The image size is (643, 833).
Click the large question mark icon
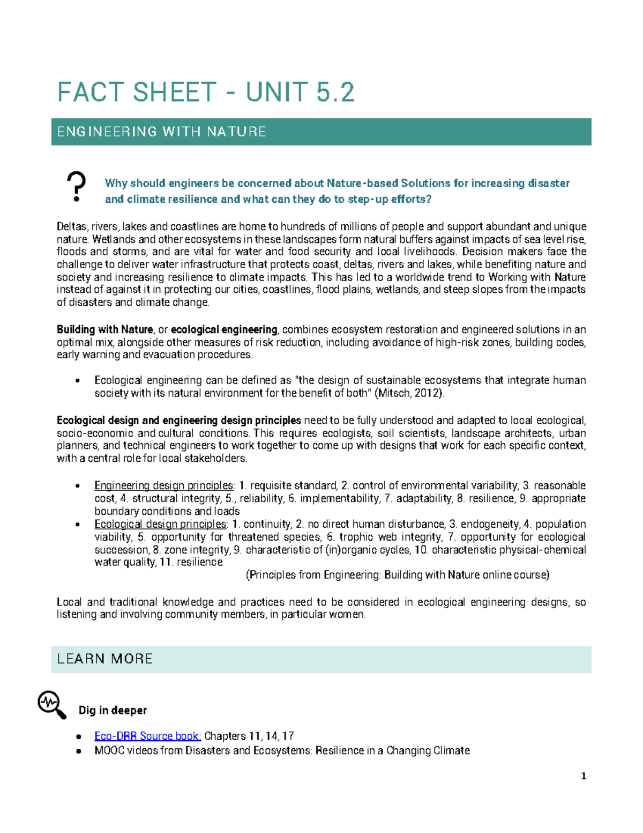pyautogui.click(x=77, y=186)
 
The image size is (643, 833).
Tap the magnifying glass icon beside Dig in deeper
pyautogui.click(x=52, y=704)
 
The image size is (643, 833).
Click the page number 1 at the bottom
pyautogui.click(x=584, y=776)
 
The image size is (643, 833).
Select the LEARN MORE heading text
pyautogui.click(x=105, y=659)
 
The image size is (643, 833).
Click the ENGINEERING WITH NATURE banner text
pyautogui.click(x=161, y=132)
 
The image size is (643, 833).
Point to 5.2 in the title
pyautogui.click(x=335, y=92)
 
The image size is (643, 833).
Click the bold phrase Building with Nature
pyautogui.click(x=105, y=329)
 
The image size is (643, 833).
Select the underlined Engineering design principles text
pyautogui.click(x=164, y=485)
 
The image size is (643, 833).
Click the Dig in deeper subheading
pyautogui.click(x=113, y=710)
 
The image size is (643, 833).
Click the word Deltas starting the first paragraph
pyautogui.click(x=72, y=226)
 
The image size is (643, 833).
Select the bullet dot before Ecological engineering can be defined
pyautogui.click(x=78, y=381)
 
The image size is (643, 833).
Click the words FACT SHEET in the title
pyautogui.click(x=137, y=92)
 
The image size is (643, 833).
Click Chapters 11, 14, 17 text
pyautogui.click(x=249, y=736)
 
